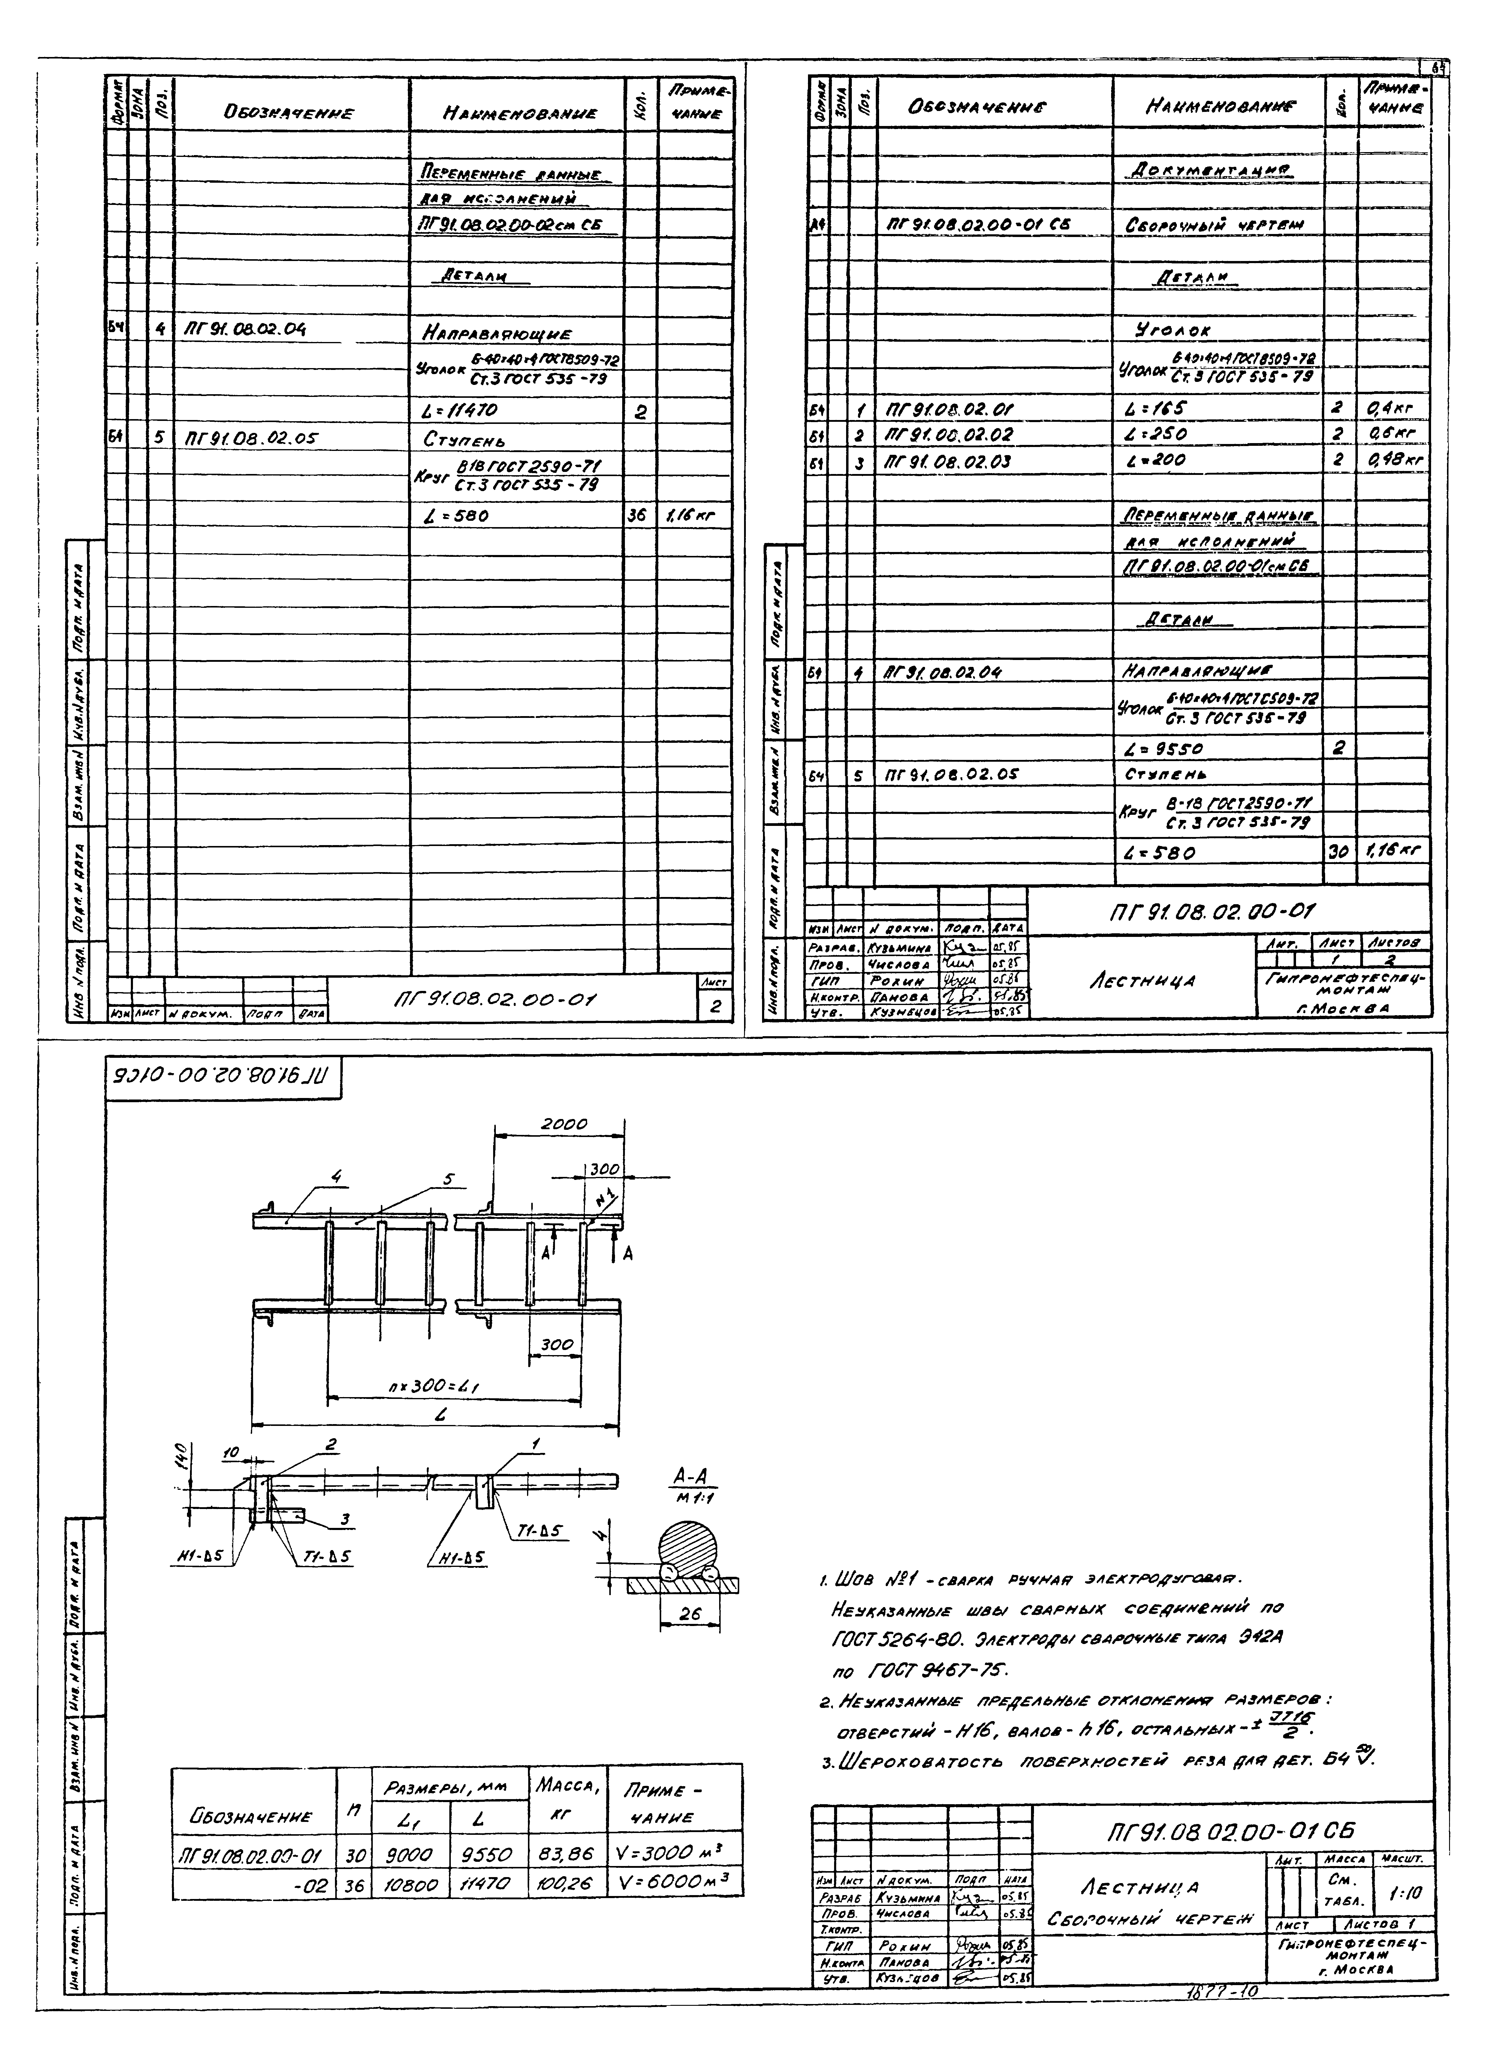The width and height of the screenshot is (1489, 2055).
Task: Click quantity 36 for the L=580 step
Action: point(638,517)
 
